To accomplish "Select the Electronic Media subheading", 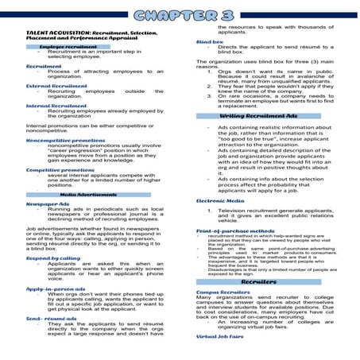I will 219,202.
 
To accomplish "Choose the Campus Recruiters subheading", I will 223,292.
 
